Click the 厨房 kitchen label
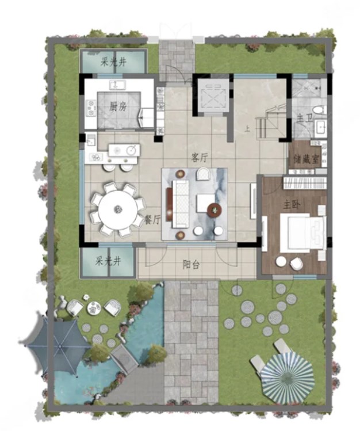pyautogui.click(x=118, y=106)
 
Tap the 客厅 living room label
pyautogui.click(x=200, y=158)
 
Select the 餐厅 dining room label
pyautogui.click(x=152, y=220)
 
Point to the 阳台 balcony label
pyautogui.click(x=191, y=265)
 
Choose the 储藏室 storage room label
pyautogui.click(x=306, y=159)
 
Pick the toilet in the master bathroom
pyautogui.click(x=320, y=110)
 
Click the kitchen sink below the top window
pyautogui.click(x=117, y=85)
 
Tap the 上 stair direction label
pyautogui.click(x=247, y=129)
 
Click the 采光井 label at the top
pyautogui.click(x=113, y=62)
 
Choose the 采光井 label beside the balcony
pyautogui.click(x=108, y=261)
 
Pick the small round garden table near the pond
pyautogui.click(x=94, y=308)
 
